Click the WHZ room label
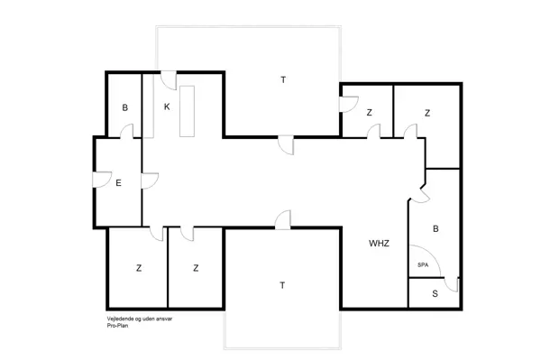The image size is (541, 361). point(378,244)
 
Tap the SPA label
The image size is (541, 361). point(423,264)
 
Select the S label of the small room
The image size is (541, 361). point(435,293)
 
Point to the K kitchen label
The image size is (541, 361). point(167,106)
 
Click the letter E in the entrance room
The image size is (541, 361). point(118,183)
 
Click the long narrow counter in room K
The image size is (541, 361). point(188,110)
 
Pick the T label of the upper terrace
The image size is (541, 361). point(282,80)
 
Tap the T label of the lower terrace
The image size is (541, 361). point(282,285)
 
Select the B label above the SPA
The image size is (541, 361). point(436,230)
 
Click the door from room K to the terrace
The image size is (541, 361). point(168,79)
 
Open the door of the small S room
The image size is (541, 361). point(455,285)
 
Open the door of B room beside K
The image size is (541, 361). point(128,133)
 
